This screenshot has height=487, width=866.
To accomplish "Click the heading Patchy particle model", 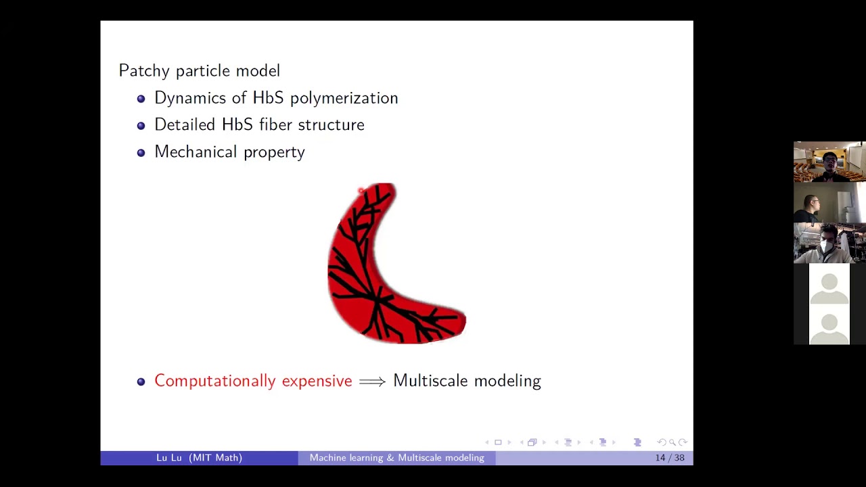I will pyautogui.click(x=199, y=70).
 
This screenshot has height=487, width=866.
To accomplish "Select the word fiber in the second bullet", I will pyautogui.click(x=275, y=124).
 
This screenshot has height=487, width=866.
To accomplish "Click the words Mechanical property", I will pyautogui.click(x=229, y=152).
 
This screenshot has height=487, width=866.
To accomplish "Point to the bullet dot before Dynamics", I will pyautogui.click(x=141, y=99).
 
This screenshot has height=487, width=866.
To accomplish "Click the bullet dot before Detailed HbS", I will pyautogui.click(x=141, y=126).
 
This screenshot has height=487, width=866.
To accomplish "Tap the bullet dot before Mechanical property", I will pyautogui.click(x=141, y=153).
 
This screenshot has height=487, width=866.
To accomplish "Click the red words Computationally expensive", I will pyautogui.click(x=253, y=381).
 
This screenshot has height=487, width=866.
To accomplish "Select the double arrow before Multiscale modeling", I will pyautogui.click(x=372, y=381).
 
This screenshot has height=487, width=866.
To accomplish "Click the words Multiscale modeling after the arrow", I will pyautogui.click(x=467, y=381).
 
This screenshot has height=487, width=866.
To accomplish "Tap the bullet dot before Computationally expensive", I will pyautogui.click(x=141, y=382).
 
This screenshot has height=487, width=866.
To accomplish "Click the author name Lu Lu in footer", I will pyautogui.click(x=169, y=458).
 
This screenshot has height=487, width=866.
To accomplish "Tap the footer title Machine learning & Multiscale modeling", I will pyautogui.click(x=396, y=458).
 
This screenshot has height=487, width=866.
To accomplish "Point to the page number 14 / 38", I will pyautogui.click(x=669, y=458).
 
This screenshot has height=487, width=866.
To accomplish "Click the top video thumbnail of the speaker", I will pyautogui.click(x=829, y=162).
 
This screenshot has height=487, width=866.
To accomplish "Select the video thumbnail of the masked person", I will pyautogui.click(x=829, y=243).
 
